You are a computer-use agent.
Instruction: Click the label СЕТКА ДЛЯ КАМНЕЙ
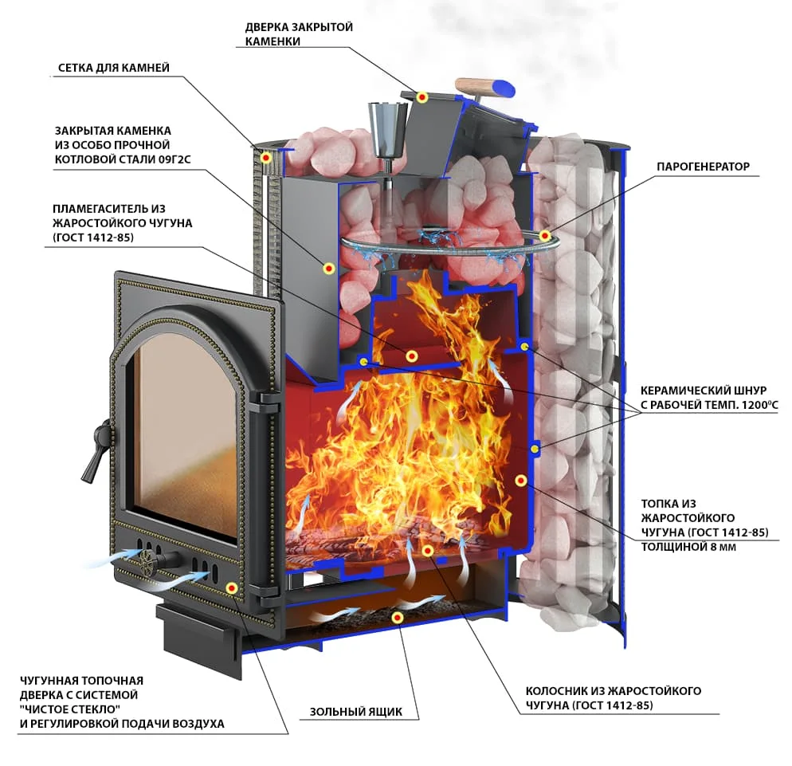(x=113, y=68)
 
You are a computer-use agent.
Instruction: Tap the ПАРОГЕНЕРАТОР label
(x=703, y=167)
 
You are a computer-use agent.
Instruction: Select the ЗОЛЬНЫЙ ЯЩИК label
(x=356, y=712)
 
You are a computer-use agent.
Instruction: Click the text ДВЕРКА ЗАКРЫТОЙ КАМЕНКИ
(x=299, y=34)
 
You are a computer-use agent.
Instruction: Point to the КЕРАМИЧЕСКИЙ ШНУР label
(x=703, y=391)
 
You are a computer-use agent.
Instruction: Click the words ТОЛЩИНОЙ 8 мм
(x=688, y=547)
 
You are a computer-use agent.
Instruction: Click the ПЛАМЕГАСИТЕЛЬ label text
(x=112, y=209)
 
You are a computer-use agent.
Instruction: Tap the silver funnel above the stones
(x=384, y=127)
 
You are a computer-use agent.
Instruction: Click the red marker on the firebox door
(x=231, y=588)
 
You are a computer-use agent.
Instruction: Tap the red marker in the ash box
(x=397, y=617)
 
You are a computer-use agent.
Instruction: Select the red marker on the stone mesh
(x=267, y=159)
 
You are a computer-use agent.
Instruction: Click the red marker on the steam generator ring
(x=545, y=235)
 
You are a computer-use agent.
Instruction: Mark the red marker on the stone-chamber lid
(x=423, y=97)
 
